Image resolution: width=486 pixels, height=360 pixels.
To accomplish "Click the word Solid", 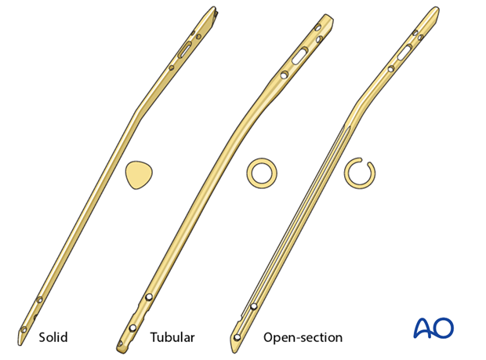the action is coord(53,337).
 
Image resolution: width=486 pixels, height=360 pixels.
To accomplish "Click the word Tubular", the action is coord(172,337).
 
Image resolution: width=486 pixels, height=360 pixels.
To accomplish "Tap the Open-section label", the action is coord(303,337).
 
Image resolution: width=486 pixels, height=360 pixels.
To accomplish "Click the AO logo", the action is coord(433,328).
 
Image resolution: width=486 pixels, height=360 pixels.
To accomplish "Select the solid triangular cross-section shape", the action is coord(139,175).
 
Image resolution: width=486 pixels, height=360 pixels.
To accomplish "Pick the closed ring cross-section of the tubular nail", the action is coord(262,173).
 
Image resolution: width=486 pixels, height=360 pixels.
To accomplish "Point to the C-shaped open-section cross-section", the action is coord(360,173).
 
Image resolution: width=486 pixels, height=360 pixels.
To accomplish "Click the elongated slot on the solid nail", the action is coord(185,50).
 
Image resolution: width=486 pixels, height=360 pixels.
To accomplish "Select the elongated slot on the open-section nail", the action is coord(404,52).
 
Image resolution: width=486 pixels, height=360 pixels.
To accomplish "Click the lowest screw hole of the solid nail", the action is coord(24,329).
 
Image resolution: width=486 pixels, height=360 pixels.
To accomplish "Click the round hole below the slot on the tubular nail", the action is coord(285,75).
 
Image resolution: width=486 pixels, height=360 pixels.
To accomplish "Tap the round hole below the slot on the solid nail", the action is coord(171,67).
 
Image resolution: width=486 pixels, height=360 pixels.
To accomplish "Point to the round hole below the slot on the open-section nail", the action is coord(391,69).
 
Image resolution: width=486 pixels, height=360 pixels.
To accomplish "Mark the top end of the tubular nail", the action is coord(329,16).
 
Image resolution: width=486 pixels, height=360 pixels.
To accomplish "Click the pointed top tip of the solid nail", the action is coord(214,7).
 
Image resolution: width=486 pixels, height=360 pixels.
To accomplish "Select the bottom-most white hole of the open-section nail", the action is coord(238,337).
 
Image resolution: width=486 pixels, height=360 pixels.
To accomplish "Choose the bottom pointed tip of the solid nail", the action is coord(20,345).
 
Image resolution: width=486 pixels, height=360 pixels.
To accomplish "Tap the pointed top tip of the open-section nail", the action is coord(437,7).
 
